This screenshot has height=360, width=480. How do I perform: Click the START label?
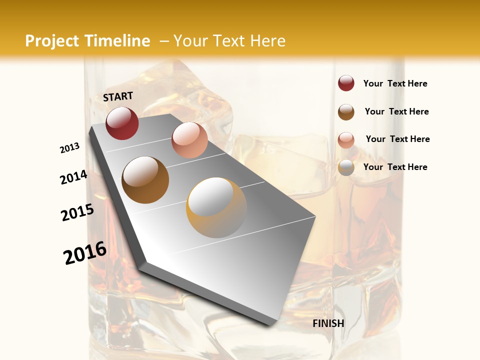tap(118, 96)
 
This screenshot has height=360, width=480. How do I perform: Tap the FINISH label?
tap(328, 323)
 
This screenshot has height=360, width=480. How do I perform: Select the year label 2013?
tap(70, 148)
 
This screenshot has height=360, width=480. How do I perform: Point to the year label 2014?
tap(74, 177)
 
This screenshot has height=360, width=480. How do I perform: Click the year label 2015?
tap(77, 212)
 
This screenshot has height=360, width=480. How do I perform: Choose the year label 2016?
tap(85, 253)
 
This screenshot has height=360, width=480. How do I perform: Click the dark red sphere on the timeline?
tap(122, 123)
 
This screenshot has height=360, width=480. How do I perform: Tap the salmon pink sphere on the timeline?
tap(189, 140)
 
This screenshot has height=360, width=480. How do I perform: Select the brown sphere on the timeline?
tap(145, 180)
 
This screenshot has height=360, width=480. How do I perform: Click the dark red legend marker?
tap(346, 83)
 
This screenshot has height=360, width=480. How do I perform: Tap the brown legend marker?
tap(346, 112)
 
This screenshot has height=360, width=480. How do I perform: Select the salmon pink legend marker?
tap(346, 140)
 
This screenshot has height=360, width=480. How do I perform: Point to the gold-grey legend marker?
tap(346, 167)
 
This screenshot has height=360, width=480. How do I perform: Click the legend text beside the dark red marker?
tap(395, 83)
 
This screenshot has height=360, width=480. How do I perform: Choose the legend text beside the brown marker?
tap(396, 111)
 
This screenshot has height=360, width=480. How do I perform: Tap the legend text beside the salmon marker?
tap(397, 139)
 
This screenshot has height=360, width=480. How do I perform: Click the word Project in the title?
tap(52, 41)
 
